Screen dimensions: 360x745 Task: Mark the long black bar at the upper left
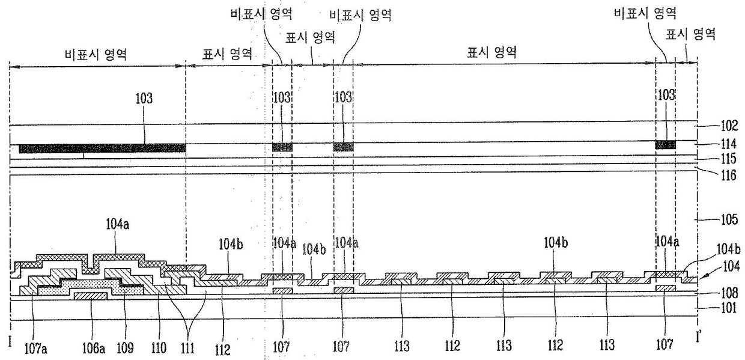102,148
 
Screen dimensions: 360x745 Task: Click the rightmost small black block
665,145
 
